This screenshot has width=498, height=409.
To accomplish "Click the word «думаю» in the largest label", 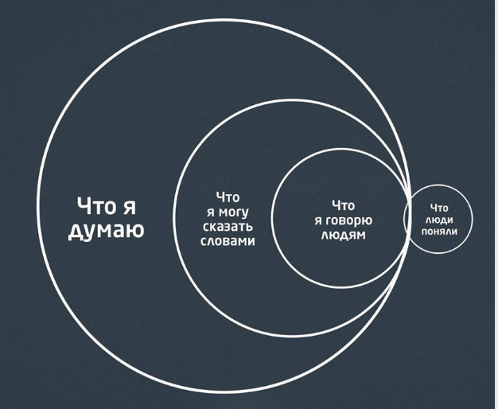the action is click(x=107, y=231).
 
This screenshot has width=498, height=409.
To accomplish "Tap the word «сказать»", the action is click(x=228, y=226).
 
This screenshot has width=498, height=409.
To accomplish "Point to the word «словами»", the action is click(x=228, y=241).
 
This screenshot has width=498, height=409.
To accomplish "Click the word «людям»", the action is click(x=344, y=236).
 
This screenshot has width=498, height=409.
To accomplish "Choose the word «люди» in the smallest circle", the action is click(x=439, y=220).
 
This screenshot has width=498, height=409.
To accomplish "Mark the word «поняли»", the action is click(x=439, y=232).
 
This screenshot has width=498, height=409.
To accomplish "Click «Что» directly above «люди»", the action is click(x=439, y=208).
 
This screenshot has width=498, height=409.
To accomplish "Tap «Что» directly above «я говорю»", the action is click(x=343, y=205).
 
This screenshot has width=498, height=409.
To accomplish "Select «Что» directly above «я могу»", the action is click(x=228, y=197).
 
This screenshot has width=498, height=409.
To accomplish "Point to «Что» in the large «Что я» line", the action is click(x=96, y=206).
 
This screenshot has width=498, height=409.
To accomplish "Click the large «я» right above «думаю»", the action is click(x=129, y=208).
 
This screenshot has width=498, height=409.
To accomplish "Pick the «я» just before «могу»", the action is click(x=211, y=212).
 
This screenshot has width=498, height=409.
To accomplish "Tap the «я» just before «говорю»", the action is click(x=318, y=221).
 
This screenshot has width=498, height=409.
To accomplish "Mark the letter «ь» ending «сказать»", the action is click(x=249, y=227).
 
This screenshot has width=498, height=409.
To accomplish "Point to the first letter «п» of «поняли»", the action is click(x=425, y=232).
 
